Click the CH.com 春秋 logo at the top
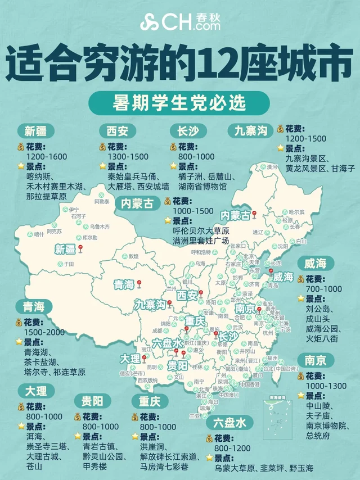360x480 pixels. coord(180,22)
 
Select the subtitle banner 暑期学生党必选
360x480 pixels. coord(180,104)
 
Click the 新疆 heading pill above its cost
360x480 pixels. coord(39,131)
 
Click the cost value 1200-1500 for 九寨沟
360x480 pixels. coord(305,138)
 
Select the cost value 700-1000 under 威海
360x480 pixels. coord(323,289)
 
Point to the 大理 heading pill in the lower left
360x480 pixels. coord(36,390)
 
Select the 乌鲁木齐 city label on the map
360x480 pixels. coord(100,227)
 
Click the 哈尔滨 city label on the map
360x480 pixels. coord(296,212)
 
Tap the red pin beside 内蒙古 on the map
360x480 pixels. coord(254,214)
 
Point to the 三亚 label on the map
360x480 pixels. coord(195,416)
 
